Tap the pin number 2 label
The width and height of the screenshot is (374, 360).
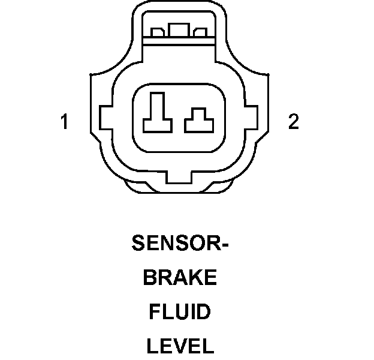(x=293, y=122)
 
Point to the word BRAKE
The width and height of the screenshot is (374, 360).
(x=180, y=278)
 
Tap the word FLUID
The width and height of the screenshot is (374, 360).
(x=180, y=312)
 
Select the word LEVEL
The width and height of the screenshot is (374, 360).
(x=180, y=346)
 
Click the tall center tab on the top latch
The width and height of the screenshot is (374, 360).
(x=177, y=31)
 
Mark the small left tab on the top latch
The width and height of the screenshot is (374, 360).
(x=158, y=33)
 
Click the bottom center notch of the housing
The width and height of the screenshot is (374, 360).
(x=179, y=178)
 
